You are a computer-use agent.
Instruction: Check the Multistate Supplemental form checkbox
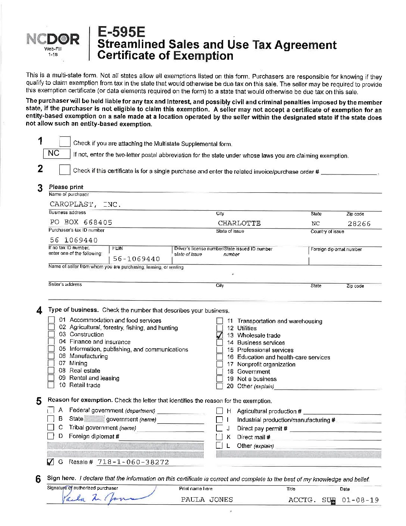(65, 142)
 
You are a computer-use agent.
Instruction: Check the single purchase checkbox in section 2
(65, 170)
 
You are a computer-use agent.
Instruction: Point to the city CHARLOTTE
(239, 223)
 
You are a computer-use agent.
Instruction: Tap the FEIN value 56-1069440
(137, 259)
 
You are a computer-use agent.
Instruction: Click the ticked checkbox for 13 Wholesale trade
(220, 335)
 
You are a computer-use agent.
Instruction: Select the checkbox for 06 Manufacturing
(51, 356)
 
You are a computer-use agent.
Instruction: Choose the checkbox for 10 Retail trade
(51, 385)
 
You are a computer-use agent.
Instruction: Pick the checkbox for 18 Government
(220, 371)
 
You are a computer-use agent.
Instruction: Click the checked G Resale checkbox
(51, 462)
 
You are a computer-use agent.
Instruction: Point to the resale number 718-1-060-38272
(133, 462)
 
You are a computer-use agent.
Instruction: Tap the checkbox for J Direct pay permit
(220, 428)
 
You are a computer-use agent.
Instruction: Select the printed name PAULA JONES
(207, 500)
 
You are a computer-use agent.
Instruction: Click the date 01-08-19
(360, 500)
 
